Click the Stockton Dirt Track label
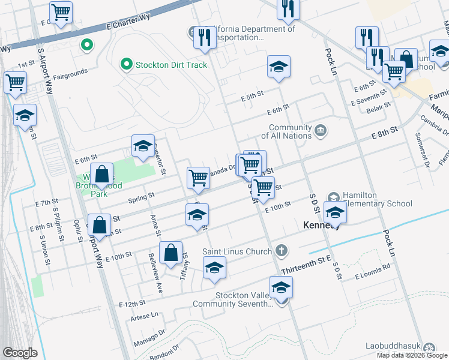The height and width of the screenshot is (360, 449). click(x=171, y=65)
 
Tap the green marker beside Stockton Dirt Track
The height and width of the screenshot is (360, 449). click(x=127, y=64)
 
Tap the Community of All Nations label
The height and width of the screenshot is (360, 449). click(x=290, y=131)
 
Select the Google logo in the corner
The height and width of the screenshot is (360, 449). click(x=20, y=353)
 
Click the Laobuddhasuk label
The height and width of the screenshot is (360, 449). click(x=394, y=346)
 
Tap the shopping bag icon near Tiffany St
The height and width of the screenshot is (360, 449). click(x=171, y=253)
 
